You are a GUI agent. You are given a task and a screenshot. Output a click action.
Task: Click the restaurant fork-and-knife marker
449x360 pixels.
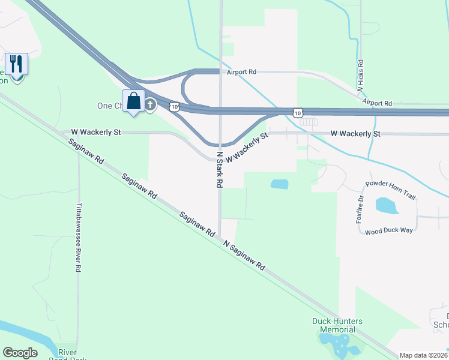pyautogui.click(x=16, y=64)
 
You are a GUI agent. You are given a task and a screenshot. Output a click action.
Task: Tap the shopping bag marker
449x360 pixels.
pyautogui.click(x=133, y=101)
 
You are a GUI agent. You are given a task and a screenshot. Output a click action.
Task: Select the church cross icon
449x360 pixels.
pyautogui.click(x=150, y=106)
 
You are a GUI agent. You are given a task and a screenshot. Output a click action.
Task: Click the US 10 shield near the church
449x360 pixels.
pyautogui.click(x=173, y=106)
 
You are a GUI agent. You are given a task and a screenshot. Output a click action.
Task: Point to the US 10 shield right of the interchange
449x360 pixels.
pyautogui.click(x=298, y=112)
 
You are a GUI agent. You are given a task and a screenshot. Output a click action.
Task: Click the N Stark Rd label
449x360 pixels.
pyautogui.click(x=220, y=170)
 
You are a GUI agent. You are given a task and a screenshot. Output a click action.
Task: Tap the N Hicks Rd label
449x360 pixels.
pyautogui.click(x=361, y=76)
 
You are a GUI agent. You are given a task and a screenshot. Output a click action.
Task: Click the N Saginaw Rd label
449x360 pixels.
pyautogui.click(x=244, y=255)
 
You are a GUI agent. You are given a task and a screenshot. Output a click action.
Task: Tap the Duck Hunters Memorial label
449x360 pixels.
pyautogui.click(x=337, y=325)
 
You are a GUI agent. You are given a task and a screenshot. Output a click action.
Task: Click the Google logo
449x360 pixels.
pyautogui.click(x=20, y=353)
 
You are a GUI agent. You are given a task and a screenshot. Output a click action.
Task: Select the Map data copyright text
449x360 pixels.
pyautogui.click(x=423, y=355)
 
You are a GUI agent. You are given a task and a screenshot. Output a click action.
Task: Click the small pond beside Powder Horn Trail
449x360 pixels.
pyautogui.click(x=387, y=206)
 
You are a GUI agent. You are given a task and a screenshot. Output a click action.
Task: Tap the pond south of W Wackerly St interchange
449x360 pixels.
pyautogui.click(x=279, y=184)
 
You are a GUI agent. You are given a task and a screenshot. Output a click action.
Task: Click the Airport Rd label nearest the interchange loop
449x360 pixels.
pyautogui.click(x=241, y=72)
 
